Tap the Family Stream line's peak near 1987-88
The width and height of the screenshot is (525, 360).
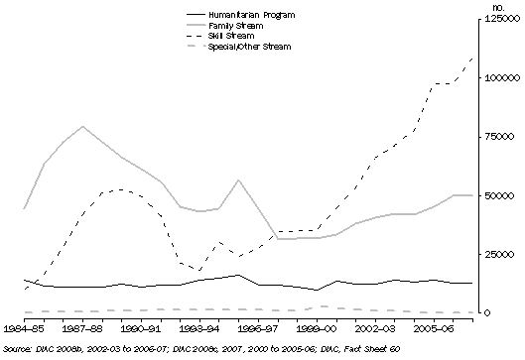tap(82, 126)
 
